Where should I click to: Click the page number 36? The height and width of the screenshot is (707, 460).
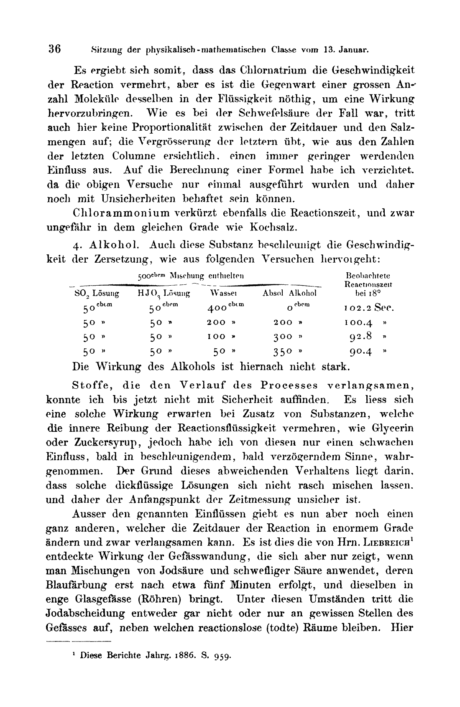54,49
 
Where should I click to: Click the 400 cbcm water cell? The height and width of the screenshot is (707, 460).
226,308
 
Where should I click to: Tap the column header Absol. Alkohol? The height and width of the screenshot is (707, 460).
289,293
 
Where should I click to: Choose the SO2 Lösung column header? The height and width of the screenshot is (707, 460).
97,294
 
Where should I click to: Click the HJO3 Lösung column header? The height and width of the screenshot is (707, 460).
164,294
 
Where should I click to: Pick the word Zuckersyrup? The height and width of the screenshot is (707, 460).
91,442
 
